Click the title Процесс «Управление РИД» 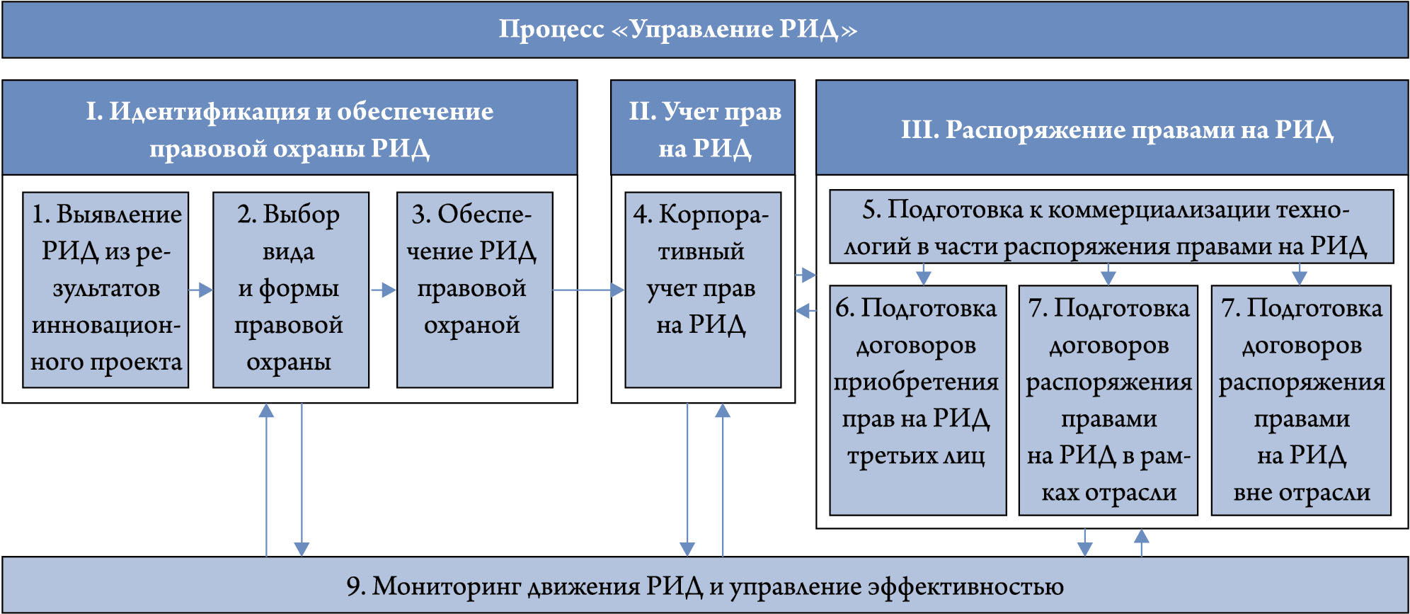677,30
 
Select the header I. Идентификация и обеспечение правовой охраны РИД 290,129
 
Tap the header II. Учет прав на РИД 704,129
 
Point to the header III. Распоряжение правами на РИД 1116,130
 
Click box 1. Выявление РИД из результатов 105,289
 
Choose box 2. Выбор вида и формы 290,289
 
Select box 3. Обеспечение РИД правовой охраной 474,289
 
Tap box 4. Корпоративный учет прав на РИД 702,289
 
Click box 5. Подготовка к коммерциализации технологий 1110,227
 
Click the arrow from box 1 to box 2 201,290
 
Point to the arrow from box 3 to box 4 587,290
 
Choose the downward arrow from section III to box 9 1084,543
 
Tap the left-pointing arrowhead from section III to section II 803,310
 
